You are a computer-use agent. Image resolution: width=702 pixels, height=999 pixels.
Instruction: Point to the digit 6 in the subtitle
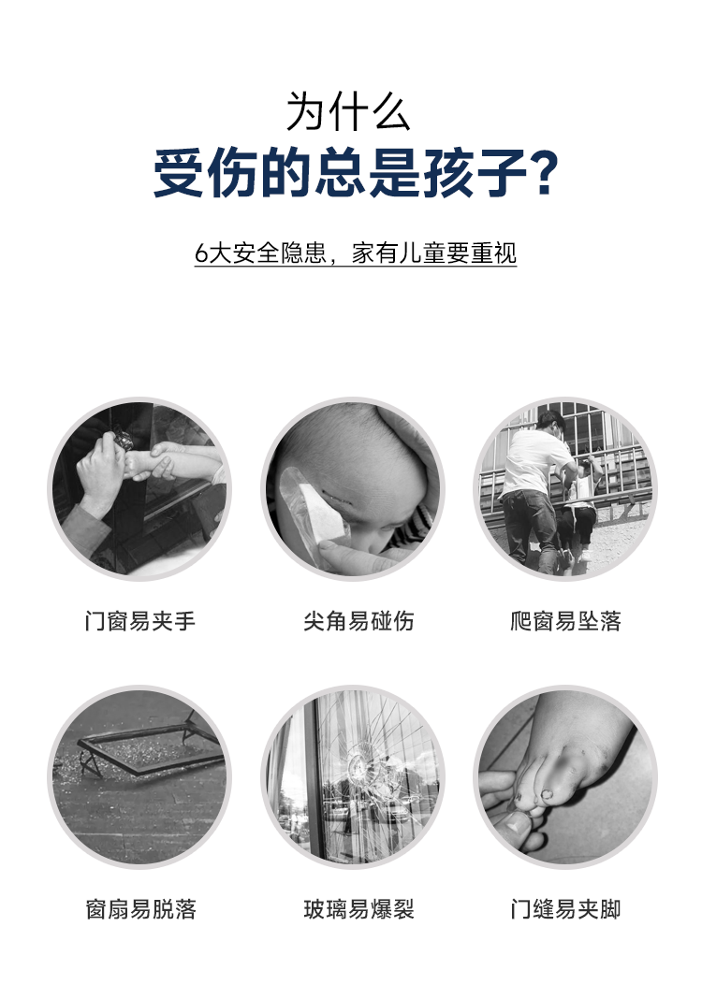200,253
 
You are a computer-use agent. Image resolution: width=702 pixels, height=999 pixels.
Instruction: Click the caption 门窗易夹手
140,621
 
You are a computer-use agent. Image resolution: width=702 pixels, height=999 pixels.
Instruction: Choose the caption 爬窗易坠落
565,621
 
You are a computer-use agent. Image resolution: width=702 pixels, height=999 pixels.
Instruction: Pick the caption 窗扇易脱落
140,909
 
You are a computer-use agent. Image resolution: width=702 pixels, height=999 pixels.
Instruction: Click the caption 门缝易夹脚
565,909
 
